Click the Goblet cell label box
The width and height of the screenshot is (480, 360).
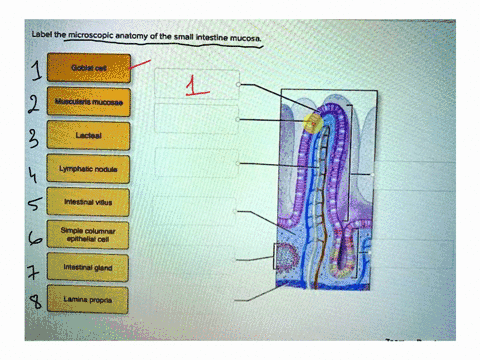coord(88,68)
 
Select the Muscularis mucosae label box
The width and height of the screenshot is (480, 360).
coord(88,101)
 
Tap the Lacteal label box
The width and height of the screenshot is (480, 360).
coord(88,134)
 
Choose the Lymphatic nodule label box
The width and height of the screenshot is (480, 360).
coord(88,169)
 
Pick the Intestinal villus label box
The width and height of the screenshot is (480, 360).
coord(88,202)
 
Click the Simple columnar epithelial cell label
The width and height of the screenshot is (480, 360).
coord(88,236)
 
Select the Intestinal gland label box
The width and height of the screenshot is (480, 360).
coord(88,268)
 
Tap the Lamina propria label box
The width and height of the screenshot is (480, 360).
coord(88,300)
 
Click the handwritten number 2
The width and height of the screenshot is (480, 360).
coord(33,104)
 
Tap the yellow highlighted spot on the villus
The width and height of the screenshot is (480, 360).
coord(312,123)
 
